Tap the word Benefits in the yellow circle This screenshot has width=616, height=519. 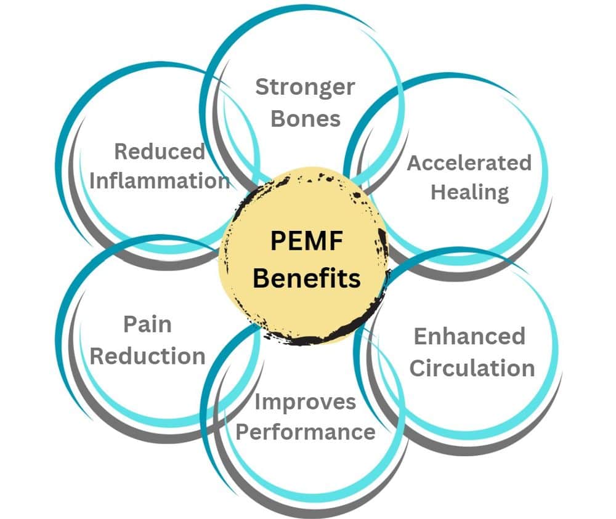(x=306, y=278)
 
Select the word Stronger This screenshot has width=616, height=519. (x=305, y=87)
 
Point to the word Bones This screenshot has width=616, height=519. (x=306, y=118)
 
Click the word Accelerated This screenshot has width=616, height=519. (x=469, y=163)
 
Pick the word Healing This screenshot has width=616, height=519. (x=469, y=191)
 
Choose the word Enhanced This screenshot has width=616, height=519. (x=469, y=336)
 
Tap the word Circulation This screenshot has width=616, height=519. (x=472, y=368)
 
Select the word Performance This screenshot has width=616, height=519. (x=306, y=432)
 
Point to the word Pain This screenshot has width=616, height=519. (x=147, y=324)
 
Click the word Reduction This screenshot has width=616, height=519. (x=148, y=355)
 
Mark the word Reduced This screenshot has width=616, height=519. (x=160, y=151)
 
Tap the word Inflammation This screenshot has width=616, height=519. (x=160, y=181)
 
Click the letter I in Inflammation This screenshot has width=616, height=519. (x=93, y=181)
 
